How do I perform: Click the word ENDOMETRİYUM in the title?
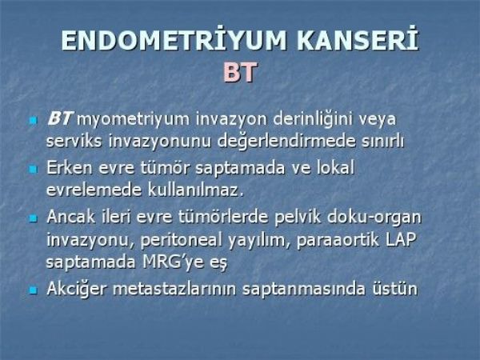[x=174, y=41]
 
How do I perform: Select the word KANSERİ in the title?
[x=358, y=41]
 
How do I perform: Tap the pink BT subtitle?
[x=240, y=73]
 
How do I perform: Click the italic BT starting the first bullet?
[x=60, y=118]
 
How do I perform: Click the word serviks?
[x=74, y=141]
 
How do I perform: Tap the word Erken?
[x=69, y=168]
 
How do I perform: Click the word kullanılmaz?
[x=196, y=190]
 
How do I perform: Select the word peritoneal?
[x=182, y=240]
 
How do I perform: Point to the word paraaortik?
[x=338, y=240]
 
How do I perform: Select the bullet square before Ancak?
[x=33, y=218]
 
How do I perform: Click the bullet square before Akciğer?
[x=33, y=290]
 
